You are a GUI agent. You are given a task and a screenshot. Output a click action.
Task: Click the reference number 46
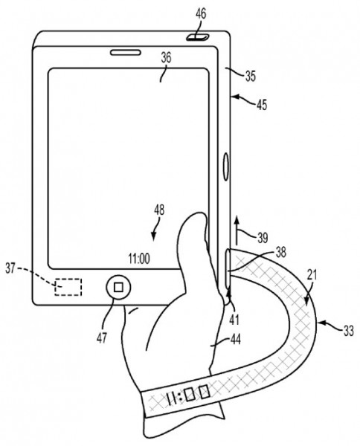tap(201, 13)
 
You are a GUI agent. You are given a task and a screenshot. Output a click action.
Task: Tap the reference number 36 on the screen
tap(166, 58)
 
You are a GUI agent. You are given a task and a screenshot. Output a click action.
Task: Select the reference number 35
tap(251, 77)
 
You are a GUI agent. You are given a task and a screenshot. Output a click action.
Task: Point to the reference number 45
tap(262, 105)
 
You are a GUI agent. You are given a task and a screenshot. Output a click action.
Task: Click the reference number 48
tap(159, 210)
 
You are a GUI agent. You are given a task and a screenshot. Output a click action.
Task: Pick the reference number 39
tap(263, 238)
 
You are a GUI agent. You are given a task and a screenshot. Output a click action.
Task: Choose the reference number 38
tap(280, 252)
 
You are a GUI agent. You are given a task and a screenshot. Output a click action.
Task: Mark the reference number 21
tap(312, 275)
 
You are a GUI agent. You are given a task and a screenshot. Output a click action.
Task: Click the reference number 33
tap(348, 331)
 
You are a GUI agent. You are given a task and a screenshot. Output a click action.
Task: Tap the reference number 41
tap(234, 320)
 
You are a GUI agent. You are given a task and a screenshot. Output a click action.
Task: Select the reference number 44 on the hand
tap(235, 339)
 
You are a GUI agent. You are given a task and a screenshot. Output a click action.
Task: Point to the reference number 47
tap(102, 338)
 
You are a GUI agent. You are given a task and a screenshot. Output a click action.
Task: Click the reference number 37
tap(10, 268)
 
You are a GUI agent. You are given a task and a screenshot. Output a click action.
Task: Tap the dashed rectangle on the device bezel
tap(68, 287)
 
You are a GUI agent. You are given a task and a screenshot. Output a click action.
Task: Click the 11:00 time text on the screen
tap(139, 259)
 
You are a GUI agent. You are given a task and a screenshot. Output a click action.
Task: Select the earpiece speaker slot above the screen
tap(126, 52)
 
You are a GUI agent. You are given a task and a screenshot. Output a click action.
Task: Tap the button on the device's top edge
tap(198, 37)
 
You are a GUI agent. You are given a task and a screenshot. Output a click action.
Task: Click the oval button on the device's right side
tap(226, 167)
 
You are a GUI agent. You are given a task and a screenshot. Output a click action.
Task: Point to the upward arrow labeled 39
tap(237, 230)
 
